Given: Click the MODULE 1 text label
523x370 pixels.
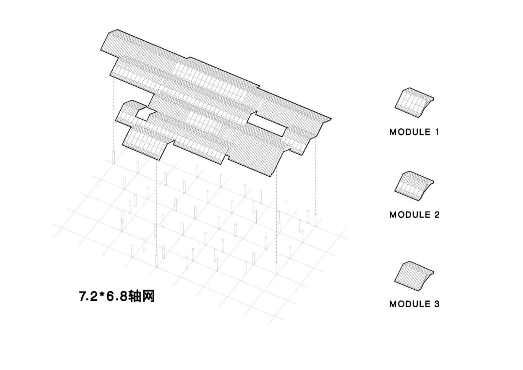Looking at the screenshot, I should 414,132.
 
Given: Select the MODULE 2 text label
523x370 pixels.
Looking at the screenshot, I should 414,215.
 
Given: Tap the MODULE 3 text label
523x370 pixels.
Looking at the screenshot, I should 414,304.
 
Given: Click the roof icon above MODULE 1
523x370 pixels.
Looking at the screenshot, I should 413,102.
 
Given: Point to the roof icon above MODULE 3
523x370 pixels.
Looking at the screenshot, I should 413,276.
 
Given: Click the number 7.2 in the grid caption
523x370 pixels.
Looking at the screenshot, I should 88,296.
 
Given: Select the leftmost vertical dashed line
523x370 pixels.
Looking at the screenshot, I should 113,116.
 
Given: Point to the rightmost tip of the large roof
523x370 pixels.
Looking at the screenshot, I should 331,119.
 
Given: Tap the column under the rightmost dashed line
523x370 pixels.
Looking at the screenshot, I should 316,221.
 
